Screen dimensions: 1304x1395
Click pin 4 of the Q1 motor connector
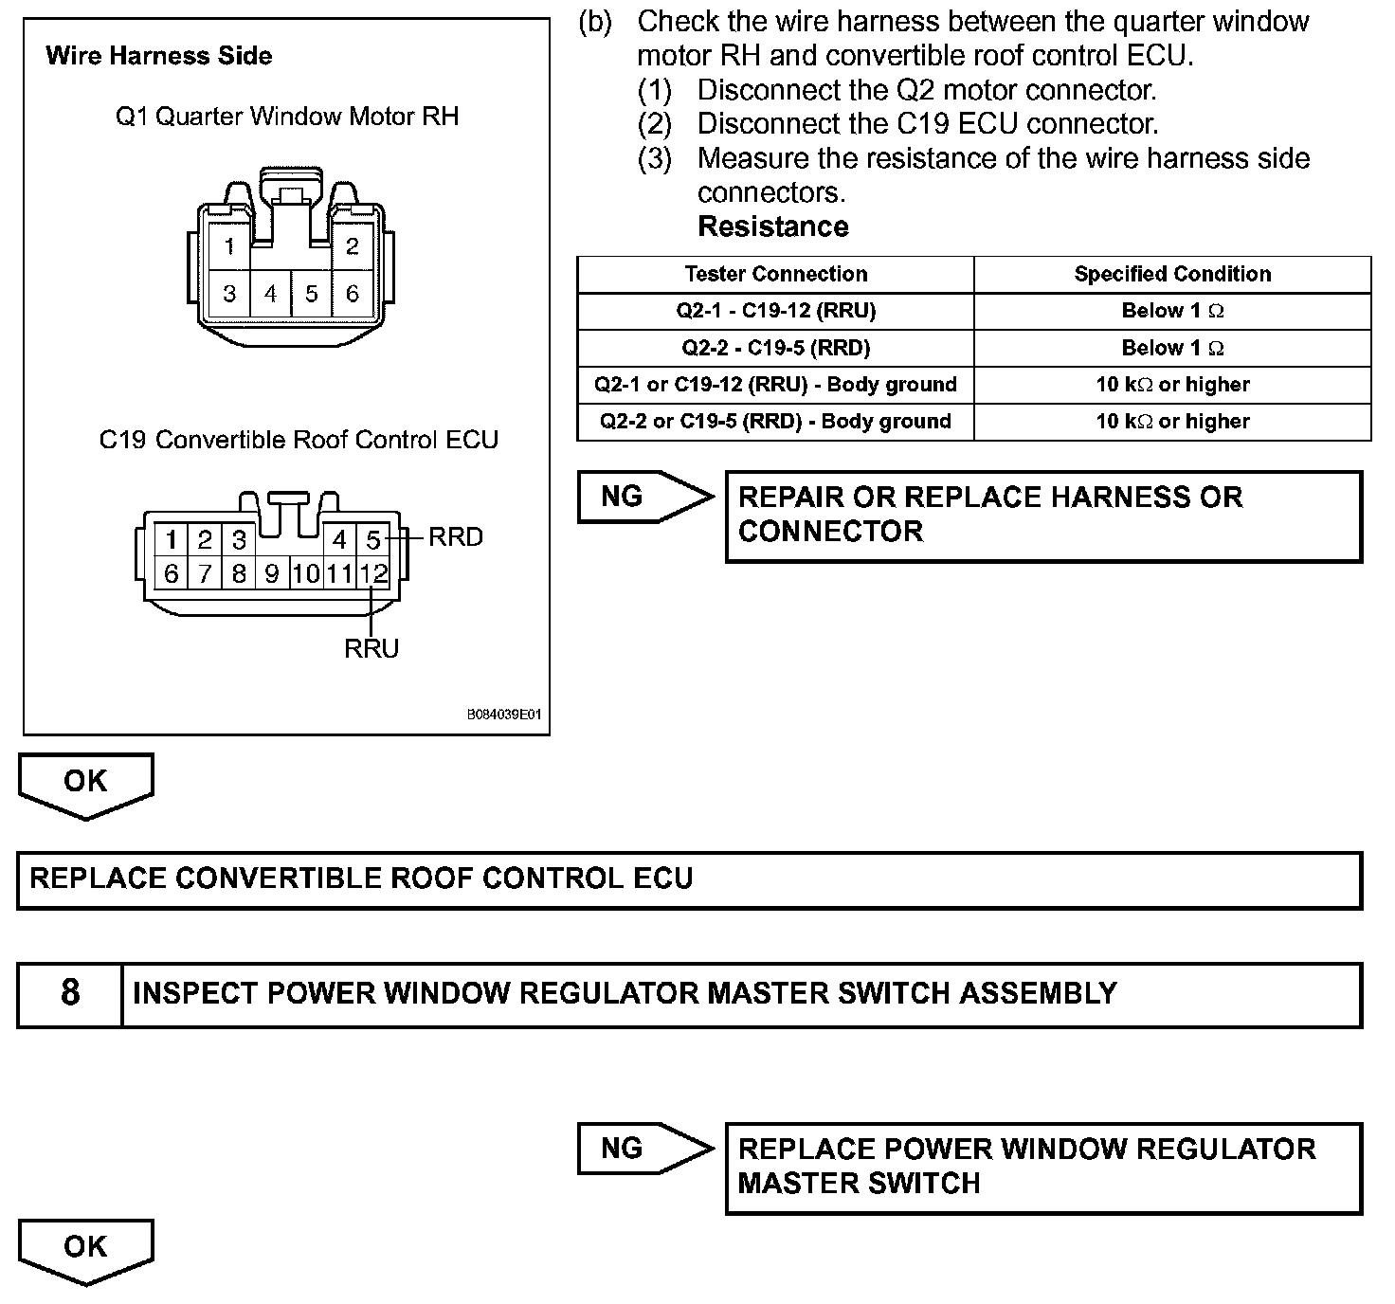click(271, 294)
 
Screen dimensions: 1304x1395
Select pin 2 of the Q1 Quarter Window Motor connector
click(353, 247)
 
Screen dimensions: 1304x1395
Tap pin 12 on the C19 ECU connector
click(374, 573)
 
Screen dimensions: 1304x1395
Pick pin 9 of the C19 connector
click(272, 573)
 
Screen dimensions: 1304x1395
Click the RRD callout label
click(456, 537)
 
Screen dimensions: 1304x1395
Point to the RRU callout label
click(371, 649)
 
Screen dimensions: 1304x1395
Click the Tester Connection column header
click(775, 274)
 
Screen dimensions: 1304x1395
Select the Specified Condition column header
click(1172, 274)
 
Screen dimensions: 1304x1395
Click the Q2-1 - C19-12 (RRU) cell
click(775, 311)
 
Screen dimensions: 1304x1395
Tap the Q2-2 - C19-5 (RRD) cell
click(775, 348)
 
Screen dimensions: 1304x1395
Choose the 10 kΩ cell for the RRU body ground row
click(1172, 385)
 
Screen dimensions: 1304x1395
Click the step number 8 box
click(70, 993)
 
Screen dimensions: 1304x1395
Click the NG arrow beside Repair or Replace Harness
click(644, 497)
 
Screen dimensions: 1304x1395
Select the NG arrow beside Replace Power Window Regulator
click(644, 1149)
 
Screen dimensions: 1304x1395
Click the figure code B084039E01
click(503, 715)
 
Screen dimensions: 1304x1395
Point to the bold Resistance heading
click(772, 226)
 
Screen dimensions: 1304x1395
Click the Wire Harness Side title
click(158, 56)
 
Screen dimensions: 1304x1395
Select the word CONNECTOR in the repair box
click(830, 532)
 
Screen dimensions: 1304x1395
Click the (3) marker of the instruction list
click(654, 158)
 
